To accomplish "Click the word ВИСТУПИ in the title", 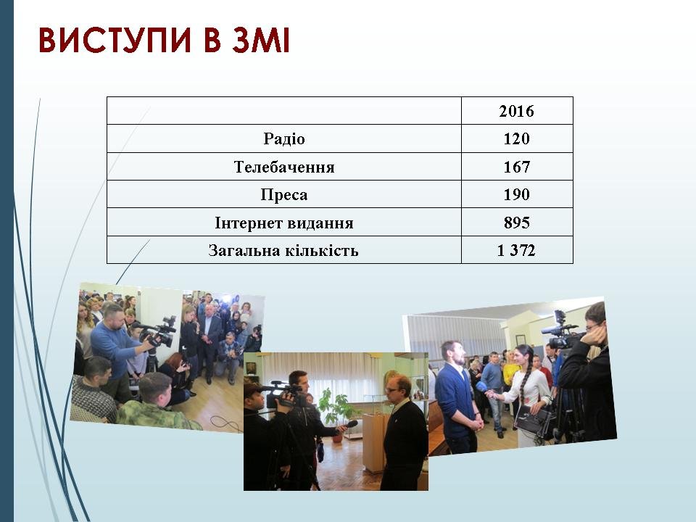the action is pyautogui.click(x=115, y=40).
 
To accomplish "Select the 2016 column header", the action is pyautogui.click(x=516, y=111).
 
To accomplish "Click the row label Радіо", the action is pyautogui.click(x=284, y=138).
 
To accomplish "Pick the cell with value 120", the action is pyautogui.click(x=516, y=139).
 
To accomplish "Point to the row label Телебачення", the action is pyautogui.click(x=284, y=167).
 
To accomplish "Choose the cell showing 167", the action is pyautogui.click(x=516, y=167).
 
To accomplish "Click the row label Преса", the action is pyautogui.click(x=284, y=194).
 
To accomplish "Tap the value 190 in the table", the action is pyautogui.click(x=516, y=194).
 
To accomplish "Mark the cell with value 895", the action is pyautogui.click(x=517, y=223).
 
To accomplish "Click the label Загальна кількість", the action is pyautogui.click(x=283, y=250).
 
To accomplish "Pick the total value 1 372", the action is pyautogui.click(x=516, y=250).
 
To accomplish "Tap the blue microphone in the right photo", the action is pyautogui.click(x=482, y=387).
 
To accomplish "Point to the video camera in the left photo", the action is pyautogui.click(x=157, y=332).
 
